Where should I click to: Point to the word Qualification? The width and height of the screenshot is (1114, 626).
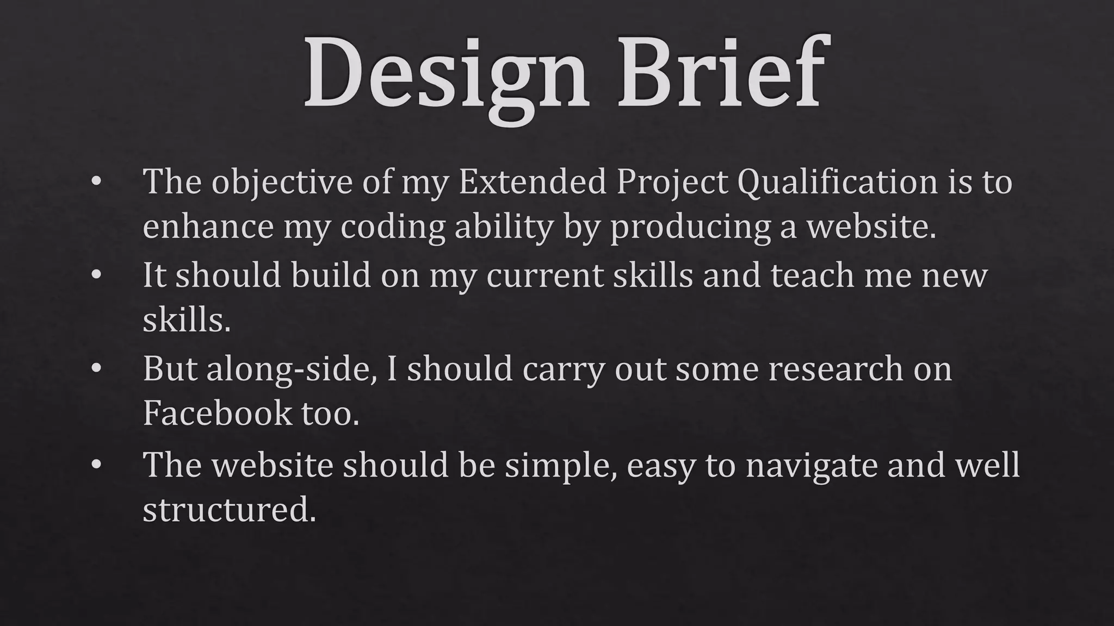click(838, 182)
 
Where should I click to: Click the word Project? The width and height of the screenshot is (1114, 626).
click(672, 182)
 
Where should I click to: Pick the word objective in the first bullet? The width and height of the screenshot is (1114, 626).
click(282, 182)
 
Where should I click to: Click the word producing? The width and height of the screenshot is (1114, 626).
click(690, 227)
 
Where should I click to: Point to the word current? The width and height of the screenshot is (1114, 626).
click(544, 276)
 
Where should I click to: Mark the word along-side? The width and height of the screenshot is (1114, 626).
click(291, 369)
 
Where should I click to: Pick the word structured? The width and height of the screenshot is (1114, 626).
click(229, 510)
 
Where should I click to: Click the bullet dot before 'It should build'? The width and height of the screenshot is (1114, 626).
click(96, 275)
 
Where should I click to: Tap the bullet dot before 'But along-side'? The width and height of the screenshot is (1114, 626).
click(96, 369)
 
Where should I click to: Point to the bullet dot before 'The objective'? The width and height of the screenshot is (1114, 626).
click(96, 182)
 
